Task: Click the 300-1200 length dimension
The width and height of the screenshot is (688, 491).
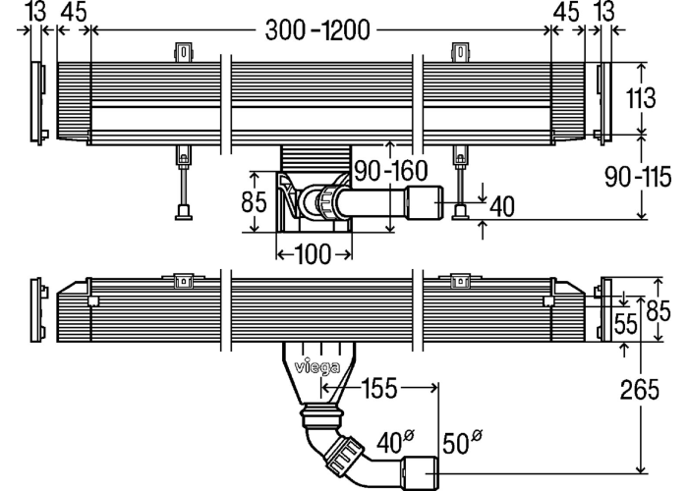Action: tap(317, 30)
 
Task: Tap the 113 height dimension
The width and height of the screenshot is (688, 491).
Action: tap(641, 98)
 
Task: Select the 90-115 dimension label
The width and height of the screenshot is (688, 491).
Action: tap(638, 177)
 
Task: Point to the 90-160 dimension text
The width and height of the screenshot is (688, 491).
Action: tap(390, 171)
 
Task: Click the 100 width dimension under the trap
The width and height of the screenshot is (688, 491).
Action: tap(314, 254)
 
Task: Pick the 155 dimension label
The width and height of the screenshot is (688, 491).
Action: tap(379, 388)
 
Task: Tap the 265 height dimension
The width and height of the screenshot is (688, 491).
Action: tap(640, 390)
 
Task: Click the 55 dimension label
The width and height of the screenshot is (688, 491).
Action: tap(626, 324)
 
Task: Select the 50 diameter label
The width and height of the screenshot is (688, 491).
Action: tap(462, 442)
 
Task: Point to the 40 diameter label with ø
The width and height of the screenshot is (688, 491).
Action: tap(395, 441)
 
